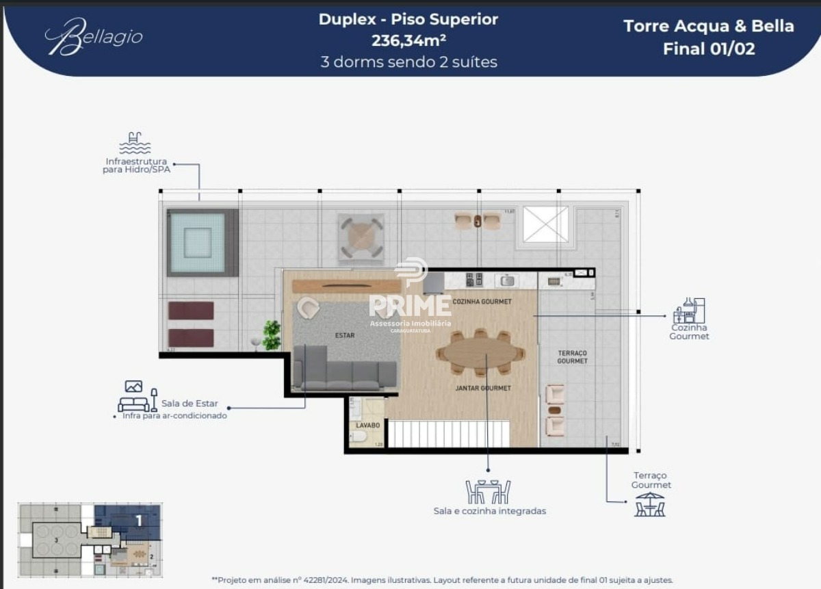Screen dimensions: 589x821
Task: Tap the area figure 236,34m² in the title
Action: pyautogui.click(x=408, y=40)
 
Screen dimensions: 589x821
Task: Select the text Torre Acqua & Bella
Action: pyautogui.click(x=708, y=27)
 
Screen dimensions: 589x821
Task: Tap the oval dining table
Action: pyautogui.click(x=479, y=353)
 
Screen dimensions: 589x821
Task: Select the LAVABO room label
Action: pyautogui.click(x=367, y=425)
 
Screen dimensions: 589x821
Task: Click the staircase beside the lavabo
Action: pyautogui.click(x=448, y=434)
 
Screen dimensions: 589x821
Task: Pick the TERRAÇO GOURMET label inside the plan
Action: pyautogui.click(x=572, y=356)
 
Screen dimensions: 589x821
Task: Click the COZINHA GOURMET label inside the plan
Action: pyautogui.click(x=482, y=302)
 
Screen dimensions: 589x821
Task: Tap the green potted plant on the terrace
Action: pyautogui.click(x=272, y=334)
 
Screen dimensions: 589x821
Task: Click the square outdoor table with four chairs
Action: pyautogui.click(x=361, y=237)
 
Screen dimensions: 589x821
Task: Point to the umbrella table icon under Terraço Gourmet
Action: pyautogui.click(x=649, y=504)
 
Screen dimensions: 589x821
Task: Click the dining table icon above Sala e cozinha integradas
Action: pyautogui.click(x=488, y=491)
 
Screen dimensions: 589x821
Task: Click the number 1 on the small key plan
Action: pyautogui.click(x=139, y=521)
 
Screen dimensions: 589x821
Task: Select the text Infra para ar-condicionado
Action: pyautogui.click(x=174, y=415)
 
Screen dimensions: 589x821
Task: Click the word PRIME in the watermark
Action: pyautogui.click(x=410, y=306)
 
